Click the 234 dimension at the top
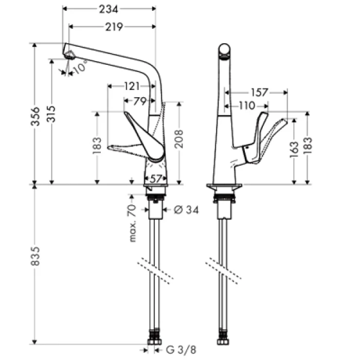[109, 9]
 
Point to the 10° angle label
[80, 67]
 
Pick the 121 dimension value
[132, 86]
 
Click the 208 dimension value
[179, 139]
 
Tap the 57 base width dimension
[155, 178]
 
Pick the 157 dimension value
[260, 93]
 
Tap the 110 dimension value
[247, 106]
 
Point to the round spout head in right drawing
[225, 50]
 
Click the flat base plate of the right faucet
[224, 185]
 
